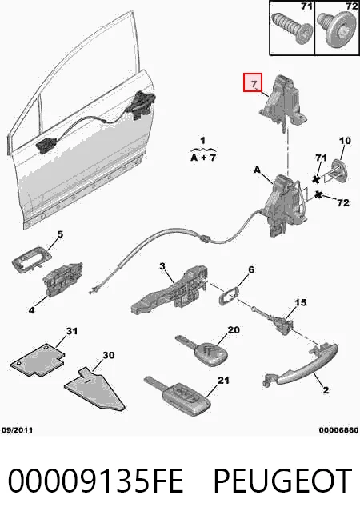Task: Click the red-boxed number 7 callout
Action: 253,82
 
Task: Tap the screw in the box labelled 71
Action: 291,30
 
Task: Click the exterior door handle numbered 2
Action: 301,366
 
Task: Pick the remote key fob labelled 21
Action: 178,397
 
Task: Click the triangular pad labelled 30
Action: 94,390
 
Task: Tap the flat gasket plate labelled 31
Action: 38,360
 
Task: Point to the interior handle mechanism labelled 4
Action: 62,279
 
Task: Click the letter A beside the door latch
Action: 257,170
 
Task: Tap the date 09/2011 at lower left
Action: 17,430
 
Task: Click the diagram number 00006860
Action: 338,430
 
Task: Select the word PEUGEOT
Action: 282,481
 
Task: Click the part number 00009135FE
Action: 95,481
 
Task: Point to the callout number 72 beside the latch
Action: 343,202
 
